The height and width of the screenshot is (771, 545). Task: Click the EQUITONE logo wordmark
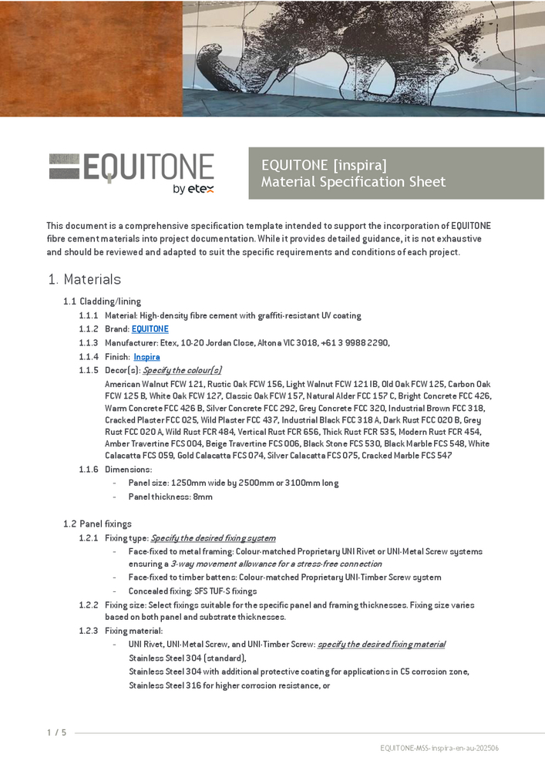click(132, 167)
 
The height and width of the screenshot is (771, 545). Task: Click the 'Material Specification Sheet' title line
click(353, 182)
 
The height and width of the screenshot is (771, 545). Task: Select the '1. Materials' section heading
click(84, 279)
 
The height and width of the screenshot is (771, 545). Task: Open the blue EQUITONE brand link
click(150, 329)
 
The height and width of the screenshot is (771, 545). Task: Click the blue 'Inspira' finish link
click(146, 357)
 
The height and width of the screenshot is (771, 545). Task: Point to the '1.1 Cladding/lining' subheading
click(102, 301)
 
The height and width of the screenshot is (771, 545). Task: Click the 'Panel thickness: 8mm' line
click(170, 497)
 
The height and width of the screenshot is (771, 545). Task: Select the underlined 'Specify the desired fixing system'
click(213, 538)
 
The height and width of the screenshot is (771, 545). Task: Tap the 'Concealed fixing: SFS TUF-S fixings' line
click(193, 591)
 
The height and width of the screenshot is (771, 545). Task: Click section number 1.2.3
click(88, 631)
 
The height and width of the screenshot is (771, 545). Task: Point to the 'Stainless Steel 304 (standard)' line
click(187, 658)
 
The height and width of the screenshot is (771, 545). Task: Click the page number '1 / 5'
click(56, 732)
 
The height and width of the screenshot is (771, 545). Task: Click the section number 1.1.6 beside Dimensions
click(88, 470)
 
